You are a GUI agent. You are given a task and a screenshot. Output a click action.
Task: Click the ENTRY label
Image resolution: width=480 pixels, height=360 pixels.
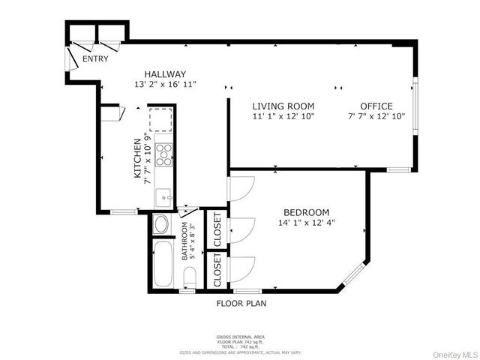pyautogui.click(x=95, y=58)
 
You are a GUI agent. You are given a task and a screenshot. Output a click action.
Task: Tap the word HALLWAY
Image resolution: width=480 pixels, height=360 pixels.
pyautogui.click(x=165, y=74)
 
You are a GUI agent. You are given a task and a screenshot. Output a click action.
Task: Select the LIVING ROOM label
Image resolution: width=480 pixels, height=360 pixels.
pyautogui.click(x=283, y=106)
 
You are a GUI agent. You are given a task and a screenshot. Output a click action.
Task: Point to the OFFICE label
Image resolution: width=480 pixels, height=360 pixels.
pyautogui.click(x=376, y=106)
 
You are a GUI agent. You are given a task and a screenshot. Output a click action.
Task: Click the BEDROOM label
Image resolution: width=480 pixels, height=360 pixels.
pyautogui.click(x=306, y=212)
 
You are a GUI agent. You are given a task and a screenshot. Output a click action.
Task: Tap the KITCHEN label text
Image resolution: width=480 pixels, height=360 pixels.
pyautogui.click(x=137, y=158)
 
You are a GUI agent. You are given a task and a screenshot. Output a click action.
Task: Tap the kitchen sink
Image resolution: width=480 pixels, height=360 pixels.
pyautogui.click(x=164, y=197)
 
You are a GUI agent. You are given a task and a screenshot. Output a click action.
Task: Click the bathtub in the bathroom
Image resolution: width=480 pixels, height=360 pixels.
pyautogui.click(x=163, y=262)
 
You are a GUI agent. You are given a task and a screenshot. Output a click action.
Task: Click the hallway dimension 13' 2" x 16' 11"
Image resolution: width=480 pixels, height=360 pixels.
pyautogui.click(x=165, y=85)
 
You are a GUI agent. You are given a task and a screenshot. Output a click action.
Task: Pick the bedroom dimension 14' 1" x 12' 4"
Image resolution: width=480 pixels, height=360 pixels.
pyautogui.click(x=306, y=223)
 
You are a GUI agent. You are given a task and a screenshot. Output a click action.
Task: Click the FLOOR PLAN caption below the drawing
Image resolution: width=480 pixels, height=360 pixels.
pyautogui.click(x=241, y=304)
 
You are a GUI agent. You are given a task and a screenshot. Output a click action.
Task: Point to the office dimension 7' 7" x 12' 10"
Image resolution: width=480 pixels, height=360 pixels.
pyautogui.click(x=376, y=116)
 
